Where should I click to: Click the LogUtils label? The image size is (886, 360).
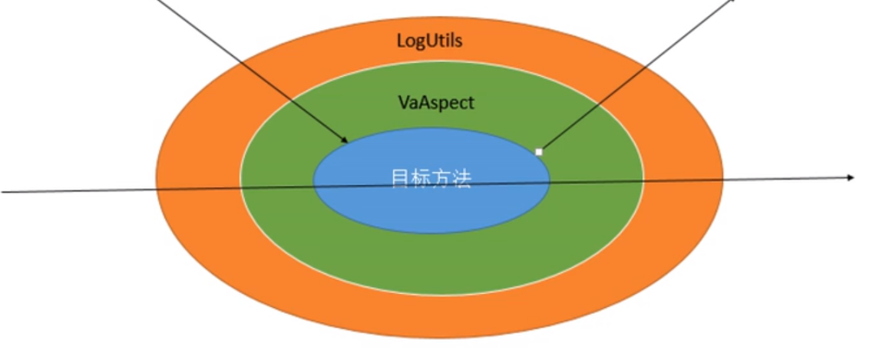click(x=429, y=41)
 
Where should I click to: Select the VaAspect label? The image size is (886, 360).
click(x=435, y=101)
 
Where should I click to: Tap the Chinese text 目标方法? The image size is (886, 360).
click(x=430, y=178)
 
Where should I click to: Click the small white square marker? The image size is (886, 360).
click(x=539, y=152)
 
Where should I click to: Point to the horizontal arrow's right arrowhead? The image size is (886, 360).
click(x=851, y=177)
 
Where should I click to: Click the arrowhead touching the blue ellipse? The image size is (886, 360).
click(x=346, y=140)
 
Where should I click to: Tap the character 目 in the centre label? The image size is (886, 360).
click(x=400, y=178)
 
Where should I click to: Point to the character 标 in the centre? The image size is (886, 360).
click(x=420, y=178)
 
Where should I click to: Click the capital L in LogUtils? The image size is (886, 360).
click(x=401, y=41)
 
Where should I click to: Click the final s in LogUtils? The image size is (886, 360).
click(x=458, y=41)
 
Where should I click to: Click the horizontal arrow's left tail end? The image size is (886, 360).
click(x=3, y=191)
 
